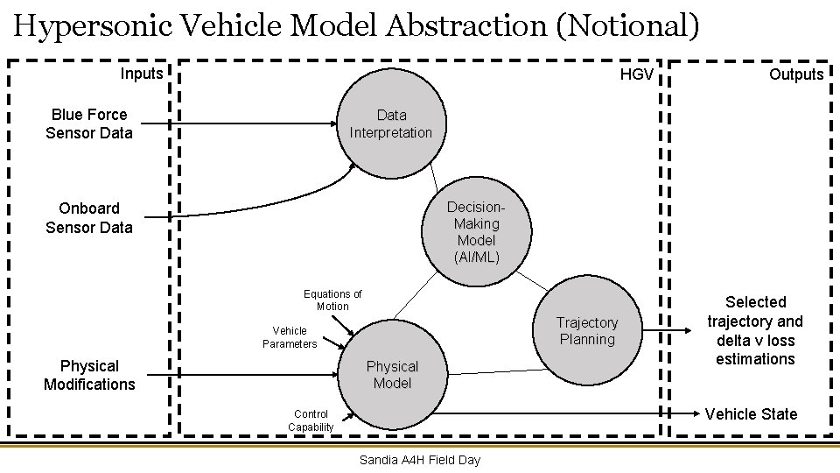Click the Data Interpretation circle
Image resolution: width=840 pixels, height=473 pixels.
391,124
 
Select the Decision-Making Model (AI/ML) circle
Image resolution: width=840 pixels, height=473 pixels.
476,232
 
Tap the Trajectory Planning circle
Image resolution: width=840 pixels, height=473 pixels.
587,331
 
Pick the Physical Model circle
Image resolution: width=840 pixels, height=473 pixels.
392,375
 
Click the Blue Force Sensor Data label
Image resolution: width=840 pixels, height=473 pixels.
89,124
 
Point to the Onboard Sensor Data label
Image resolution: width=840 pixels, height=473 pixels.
89,218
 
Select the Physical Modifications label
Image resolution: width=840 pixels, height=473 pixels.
89,375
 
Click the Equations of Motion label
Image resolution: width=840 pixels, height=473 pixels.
332,300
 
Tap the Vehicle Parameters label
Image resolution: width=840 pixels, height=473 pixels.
290,337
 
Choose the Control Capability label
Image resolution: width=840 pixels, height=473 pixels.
311,420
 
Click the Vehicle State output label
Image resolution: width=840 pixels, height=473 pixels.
751,414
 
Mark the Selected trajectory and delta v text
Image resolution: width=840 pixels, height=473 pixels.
754,330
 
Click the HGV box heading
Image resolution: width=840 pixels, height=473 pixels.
636,74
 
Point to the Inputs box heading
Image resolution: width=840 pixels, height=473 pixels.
142,74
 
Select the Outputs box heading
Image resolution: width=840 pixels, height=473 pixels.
796,74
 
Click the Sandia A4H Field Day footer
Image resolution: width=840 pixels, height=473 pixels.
420,460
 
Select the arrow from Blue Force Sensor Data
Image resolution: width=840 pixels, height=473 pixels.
236,124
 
